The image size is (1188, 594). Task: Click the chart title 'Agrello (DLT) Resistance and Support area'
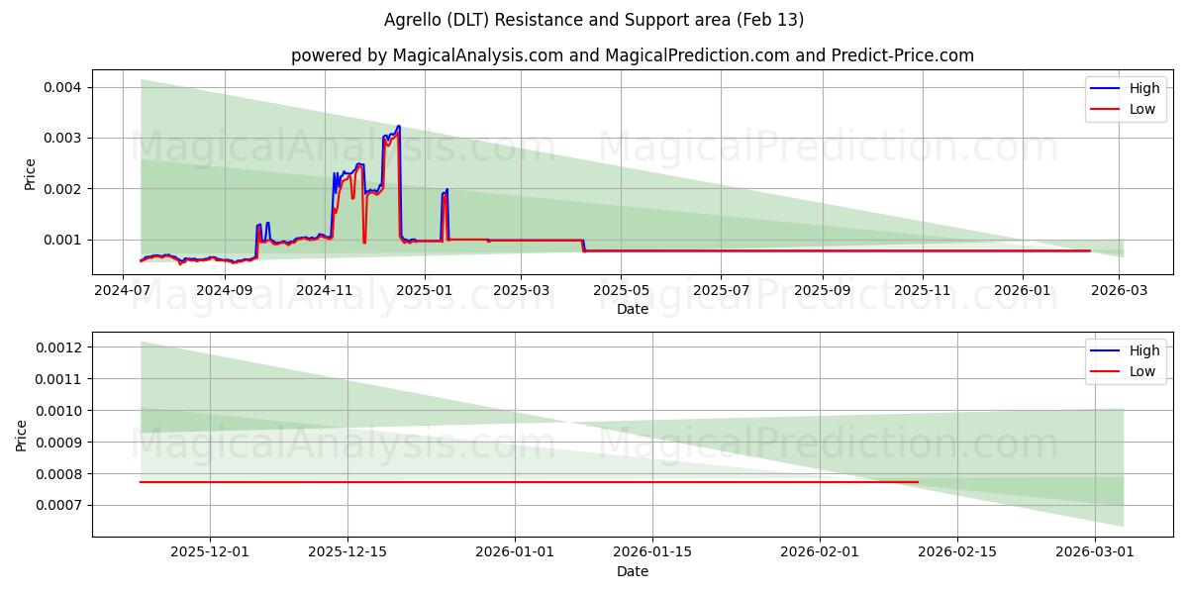(593, 20)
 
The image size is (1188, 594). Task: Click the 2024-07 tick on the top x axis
(122, 290)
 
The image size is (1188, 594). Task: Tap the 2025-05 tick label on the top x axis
(621, 290)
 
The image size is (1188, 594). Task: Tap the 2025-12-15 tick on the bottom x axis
(347, 552)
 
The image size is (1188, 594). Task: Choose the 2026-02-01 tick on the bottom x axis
(820, 552)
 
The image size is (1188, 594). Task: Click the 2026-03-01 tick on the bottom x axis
(1094, 552)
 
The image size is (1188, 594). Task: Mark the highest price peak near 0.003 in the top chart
(398, 127)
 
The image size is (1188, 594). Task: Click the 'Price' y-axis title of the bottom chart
(22, 435)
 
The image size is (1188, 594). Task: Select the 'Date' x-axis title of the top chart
(632, 309)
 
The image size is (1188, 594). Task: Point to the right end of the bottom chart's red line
(918, 482)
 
